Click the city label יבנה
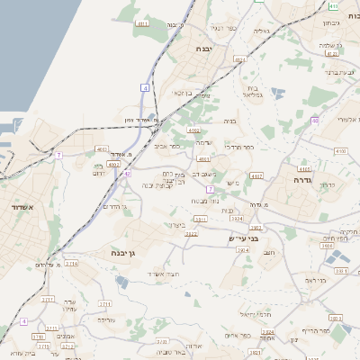pyautogui.click(x=202, y=51)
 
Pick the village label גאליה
pyautogui.click(x=261, y=31)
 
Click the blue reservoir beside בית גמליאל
pyautogui.click(x=276, y=91)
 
